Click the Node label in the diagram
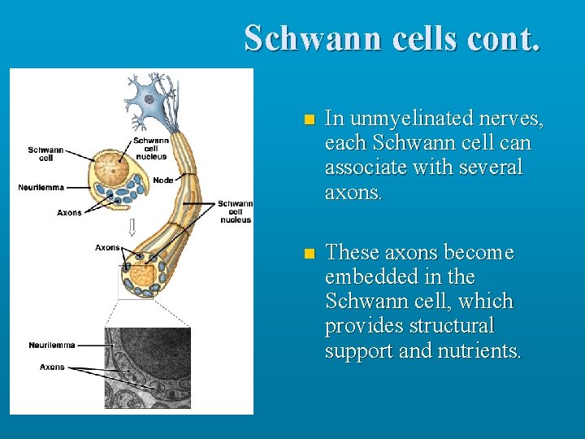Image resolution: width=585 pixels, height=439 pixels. click(162, 180)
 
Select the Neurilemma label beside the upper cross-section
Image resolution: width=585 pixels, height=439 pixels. click(41, 188)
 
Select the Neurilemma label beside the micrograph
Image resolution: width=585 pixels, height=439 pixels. click(51, 345)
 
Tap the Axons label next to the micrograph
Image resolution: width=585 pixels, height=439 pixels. click(52, 367)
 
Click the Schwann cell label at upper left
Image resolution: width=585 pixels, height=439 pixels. click(45, 154)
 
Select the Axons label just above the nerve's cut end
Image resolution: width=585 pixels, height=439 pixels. click(107, 247)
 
